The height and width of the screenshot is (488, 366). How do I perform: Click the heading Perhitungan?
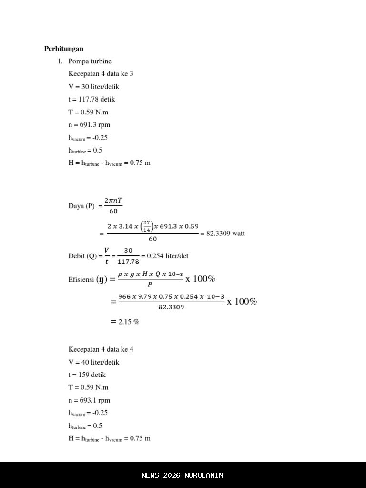click(x=64, y=49)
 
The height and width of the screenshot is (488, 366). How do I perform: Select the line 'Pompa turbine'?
click(x=90, y=61)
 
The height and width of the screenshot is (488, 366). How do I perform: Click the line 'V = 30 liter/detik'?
click(x=93, y=87)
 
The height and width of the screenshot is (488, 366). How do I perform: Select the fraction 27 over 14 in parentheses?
click(x=147, y=226)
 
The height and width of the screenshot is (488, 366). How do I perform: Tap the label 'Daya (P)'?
click(x=81, y=206)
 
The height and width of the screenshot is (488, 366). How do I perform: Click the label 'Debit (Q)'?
click(x=82, y=256)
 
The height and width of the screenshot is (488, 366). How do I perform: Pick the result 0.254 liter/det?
click(x=167, y=256)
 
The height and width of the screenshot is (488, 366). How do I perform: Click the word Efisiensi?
click(x=81, y=279)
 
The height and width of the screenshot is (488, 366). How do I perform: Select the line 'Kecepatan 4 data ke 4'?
click(x=101, y=349)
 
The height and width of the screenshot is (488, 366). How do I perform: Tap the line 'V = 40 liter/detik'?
click(x=93, y=362)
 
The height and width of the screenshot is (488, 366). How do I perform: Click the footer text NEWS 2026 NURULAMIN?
click(x=183, y=475)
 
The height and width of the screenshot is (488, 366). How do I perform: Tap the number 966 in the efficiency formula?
click(x=124, y=297)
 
